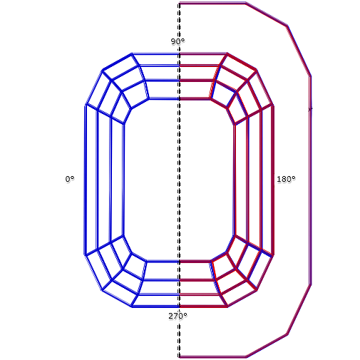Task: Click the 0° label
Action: coord(70,179)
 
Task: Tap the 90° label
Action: coord(178,41)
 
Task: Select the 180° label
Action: coord(286,179)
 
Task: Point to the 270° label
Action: coord(178,316)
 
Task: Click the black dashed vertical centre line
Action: coord(179,180)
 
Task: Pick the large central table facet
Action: coord(179,180)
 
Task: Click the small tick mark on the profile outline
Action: coord(310,109)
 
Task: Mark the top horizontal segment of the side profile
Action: coord(212,3)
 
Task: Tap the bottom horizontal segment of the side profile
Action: coord(212,356)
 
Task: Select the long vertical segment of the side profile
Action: coord(310,180)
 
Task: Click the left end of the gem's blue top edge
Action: coord(132,53)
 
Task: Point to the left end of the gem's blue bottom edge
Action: coord(132,307)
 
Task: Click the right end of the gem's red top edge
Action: coord(227,53)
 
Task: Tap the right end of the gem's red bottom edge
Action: coord(227,307)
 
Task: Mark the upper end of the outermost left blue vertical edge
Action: coord(86,105)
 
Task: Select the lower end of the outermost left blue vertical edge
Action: coord(86,255)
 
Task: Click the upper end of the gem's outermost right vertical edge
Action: coord(273,106)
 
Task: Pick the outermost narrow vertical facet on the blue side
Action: coord(91,180)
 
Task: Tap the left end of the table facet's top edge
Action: coord(148,98)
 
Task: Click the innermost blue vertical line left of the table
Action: coord(123,180)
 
